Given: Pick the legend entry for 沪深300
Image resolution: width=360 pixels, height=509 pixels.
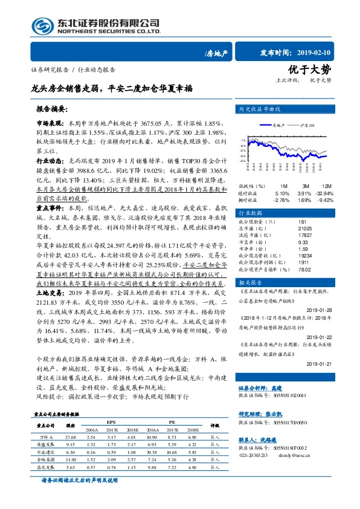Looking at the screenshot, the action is click(306, 125).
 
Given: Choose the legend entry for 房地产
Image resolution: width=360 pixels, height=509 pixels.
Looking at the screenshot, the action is click(277, 125).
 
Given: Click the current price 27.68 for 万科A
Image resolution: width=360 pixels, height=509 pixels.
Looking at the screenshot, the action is click(71, 436).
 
